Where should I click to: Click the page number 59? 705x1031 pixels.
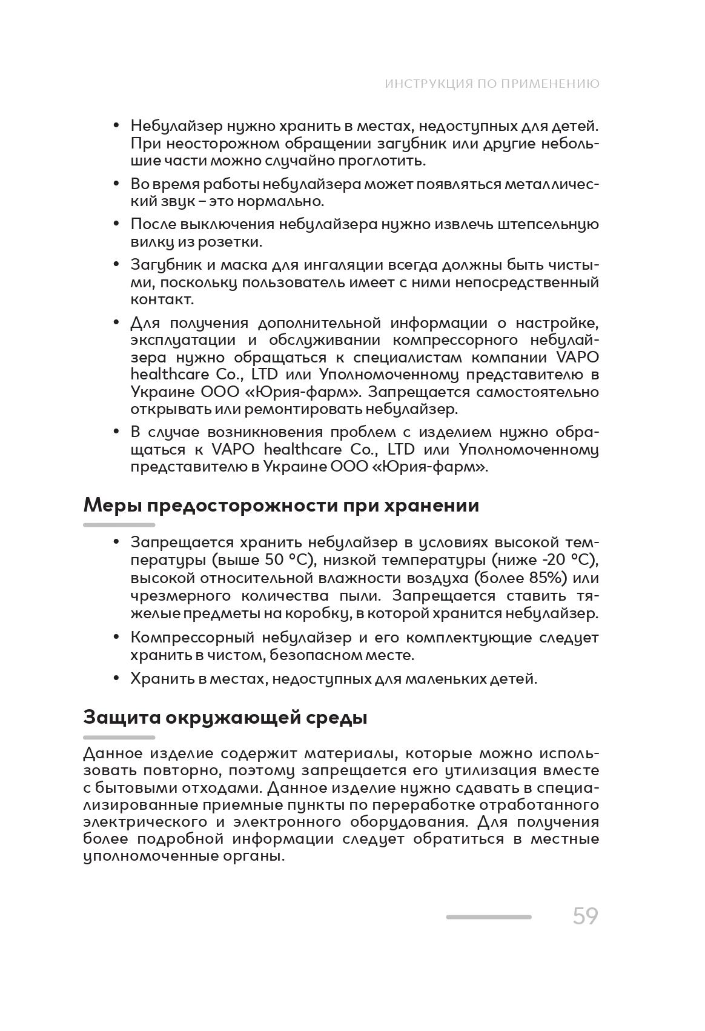[x=585, y=916]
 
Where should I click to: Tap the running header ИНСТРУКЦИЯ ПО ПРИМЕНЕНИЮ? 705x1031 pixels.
[x=492, y=84]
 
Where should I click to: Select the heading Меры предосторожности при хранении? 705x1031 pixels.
[x=281, y=505]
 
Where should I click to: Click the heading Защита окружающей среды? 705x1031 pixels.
[x=225, y=717]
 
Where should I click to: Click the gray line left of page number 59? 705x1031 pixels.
[x=488, y=917]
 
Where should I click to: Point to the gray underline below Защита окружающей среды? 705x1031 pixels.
[x=119, y=737]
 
